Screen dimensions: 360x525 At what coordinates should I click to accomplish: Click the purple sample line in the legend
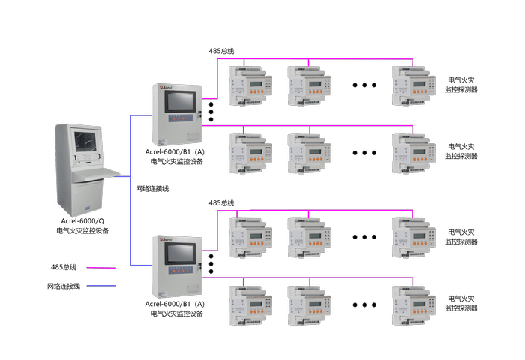point(101,266)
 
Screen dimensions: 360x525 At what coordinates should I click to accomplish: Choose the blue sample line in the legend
point(101,286)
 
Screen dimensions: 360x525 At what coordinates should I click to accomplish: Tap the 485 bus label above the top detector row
point(221,51)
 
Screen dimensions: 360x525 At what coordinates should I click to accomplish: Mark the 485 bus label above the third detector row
point(221,202)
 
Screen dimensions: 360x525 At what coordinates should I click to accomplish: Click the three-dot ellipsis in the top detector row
point(364,84)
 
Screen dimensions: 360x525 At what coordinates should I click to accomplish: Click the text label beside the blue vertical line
point(152,189)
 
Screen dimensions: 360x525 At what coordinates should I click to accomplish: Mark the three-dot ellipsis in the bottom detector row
point(364,304)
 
